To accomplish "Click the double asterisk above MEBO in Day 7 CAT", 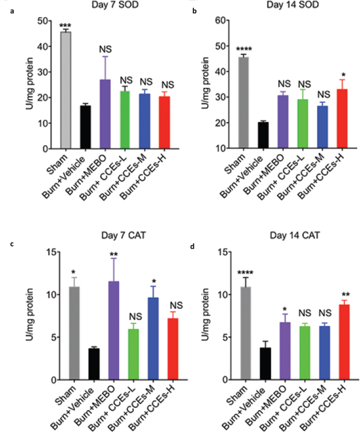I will pyautogui.click(x=106, y=239).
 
